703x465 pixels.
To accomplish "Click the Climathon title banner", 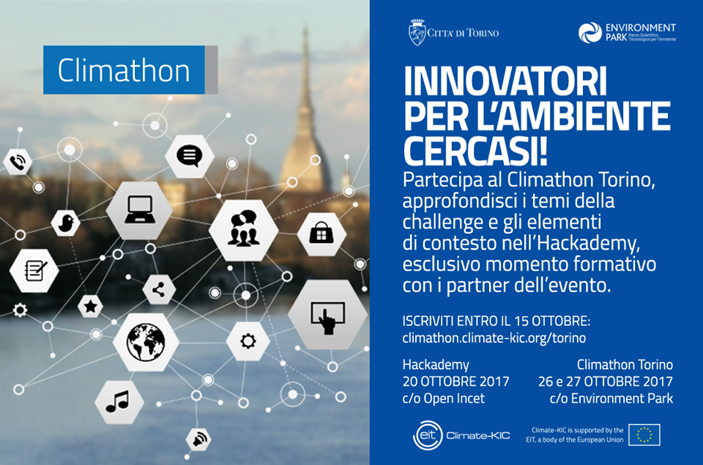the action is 130,70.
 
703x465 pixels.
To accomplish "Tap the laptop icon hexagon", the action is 139,210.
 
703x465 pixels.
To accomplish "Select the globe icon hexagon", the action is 146,342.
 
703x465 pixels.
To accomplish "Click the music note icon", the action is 117,401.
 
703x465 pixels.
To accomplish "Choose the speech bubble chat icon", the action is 189,155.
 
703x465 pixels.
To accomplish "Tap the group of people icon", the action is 243,228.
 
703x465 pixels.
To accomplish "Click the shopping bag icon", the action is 321,233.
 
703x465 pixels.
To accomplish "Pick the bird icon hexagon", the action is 66,223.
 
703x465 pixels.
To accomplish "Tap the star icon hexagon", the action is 91,307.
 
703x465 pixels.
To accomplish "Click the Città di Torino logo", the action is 453,32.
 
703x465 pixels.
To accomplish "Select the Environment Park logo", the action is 627,33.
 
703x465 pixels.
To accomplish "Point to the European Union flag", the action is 644,434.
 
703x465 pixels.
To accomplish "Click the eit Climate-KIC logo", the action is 461,435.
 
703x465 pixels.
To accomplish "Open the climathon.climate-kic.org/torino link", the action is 494,338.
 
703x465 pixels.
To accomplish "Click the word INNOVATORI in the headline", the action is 505,81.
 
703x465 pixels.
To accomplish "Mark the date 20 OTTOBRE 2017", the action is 456,381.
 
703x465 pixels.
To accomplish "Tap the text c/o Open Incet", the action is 444,398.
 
